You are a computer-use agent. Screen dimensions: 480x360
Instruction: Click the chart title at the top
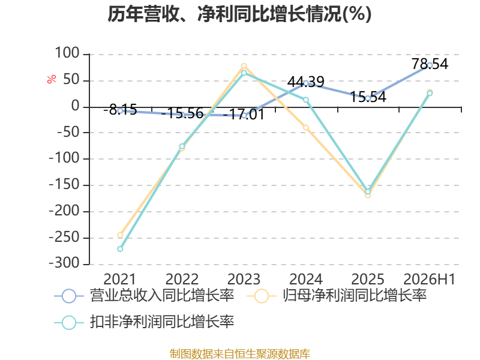(x=239, y=14)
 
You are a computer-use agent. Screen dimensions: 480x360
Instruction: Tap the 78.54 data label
(x=430, y=64)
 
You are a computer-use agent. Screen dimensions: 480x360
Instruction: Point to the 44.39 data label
(x=305, y=82)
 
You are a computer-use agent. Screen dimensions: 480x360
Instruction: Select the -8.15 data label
(x=121, y=110)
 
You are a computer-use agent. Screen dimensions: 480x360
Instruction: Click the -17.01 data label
(x=244, y=115)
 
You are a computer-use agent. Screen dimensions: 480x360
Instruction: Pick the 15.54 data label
(x=368, y=97)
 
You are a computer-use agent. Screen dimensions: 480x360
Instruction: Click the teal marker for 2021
(x=120, y=249)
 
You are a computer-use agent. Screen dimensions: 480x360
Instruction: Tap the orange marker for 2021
(x=120, y=235)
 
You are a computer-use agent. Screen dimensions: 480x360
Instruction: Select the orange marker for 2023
(x=244, y=66)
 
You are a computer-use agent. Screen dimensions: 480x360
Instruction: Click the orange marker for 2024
(x=306, y=128)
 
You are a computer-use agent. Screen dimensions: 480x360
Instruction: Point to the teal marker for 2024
(x=306, y=100)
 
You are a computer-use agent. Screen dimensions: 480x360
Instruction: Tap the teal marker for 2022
(x=182, y=146)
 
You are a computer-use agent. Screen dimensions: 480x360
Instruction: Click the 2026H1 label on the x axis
(x=430, y=279)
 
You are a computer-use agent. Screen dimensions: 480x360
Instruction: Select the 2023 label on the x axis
(x=244, y=279)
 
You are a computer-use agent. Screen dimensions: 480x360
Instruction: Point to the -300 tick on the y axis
(x=64, y=263)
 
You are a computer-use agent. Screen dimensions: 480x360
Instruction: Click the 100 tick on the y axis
(x=67, y=53)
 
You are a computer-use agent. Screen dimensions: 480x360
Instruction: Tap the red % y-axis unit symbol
(x=52, y=79)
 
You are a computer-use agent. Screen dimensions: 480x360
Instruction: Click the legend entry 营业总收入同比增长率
(x=144, y=296)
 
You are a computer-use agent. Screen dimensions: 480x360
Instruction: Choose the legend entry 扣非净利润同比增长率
(x=144, y=322)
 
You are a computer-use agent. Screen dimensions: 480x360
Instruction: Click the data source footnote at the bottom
(x=239, y=354)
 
